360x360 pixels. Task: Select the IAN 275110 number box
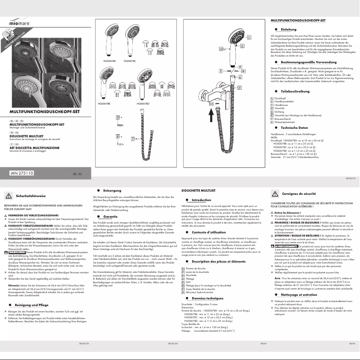click(23, 172)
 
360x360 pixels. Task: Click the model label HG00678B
click(105, 104)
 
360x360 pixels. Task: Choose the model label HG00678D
click(143, 104)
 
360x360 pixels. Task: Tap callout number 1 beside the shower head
click(242, 46)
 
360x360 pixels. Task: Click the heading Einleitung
click(288, 29)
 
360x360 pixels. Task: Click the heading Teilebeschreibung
click(295, 91)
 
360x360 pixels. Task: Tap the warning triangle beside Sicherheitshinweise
click(9, 196)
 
